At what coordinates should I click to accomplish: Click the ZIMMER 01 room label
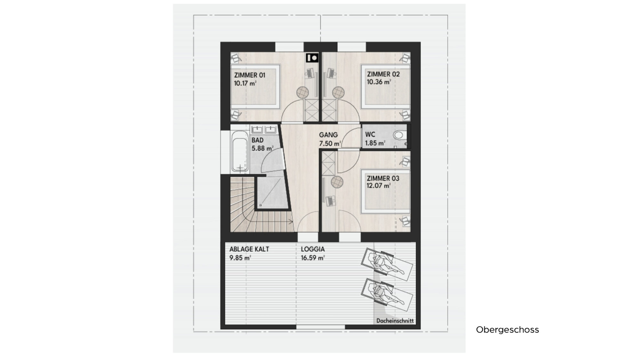pyautogui.click(x=250, y=76)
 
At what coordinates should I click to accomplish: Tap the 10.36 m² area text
pyautogui.click(x=379, y=82)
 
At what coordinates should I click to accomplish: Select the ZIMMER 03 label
pyautogui.click(x=383, y=178)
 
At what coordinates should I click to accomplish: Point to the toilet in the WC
pyautogui.click(x=399, y=135)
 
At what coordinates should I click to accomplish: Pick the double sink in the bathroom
pyautogui.click(x=264, y=129)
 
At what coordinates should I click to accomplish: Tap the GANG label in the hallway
pyautogui.click(x=328, y=135)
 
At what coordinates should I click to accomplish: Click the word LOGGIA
pyautogui.click(x=313, y=249)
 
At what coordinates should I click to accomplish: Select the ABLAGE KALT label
pyautogui.click(x=249, y=249)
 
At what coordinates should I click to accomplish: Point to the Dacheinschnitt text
pyautogui.click(x=395, y=321)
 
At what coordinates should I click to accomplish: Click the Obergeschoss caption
pyautogui.click(x=508, y=330)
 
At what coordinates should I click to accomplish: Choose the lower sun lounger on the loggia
pyautogui.click(x=387, y=295)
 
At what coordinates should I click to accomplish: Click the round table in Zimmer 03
pyautogui.click(x=337, y=182)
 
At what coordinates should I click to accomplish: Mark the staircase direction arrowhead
pyautogui.click(x=292, y=221)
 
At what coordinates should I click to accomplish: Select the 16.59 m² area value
pyautogui.click(x=313, y=258)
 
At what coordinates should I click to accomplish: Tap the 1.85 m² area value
pyautogui.click(x=375, y=143)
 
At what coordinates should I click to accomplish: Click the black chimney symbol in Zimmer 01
pyautogui.click(x=312, y=58)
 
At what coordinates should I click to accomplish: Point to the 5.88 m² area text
pyautogui.click(x=262, y=148)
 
